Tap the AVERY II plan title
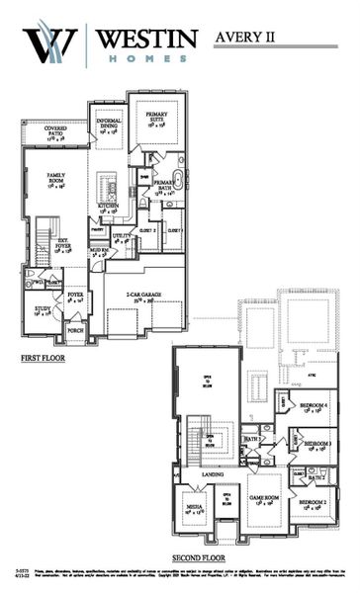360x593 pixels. pyautogui.click(x=249, y=37)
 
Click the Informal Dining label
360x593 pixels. pyautogui.click(x=108, y=125)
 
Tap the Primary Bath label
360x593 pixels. pyautogui.click(x=163, y=185)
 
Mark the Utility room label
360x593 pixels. pyautogui.click(x=122, y=237)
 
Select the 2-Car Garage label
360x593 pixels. pyautogui.click(x=145, y=296)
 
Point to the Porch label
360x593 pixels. pyautogui.click(x=75, y=330)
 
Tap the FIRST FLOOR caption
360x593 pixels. pyautogui.click(x=43, y=358)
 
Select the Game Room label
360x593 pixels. pyautogui.click(x=262, y=500)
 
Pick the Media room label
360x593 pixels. pyautogui.click(x=194, y=508)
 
